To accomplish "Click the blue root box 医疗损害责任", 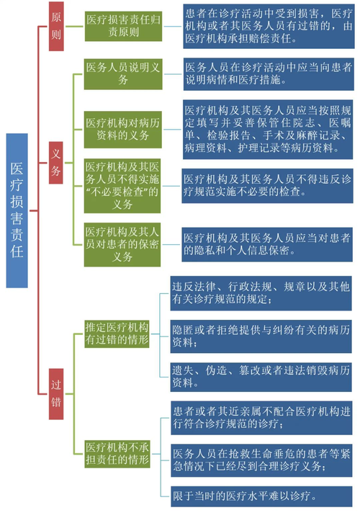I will [x=17, y=210].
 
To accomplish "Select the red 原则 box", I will [x=55, y=26].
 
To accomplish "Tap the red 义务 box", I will [x=55, y=163].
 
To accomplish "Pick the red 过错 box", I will [x=55, y=393].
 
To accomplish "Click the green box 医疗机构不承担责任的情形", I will [x=117, y=452].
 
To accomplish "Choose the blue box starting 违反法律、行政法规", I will [x=260, y=293].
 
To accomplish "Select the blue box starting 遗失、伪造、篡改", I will [x=260, y=376].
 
